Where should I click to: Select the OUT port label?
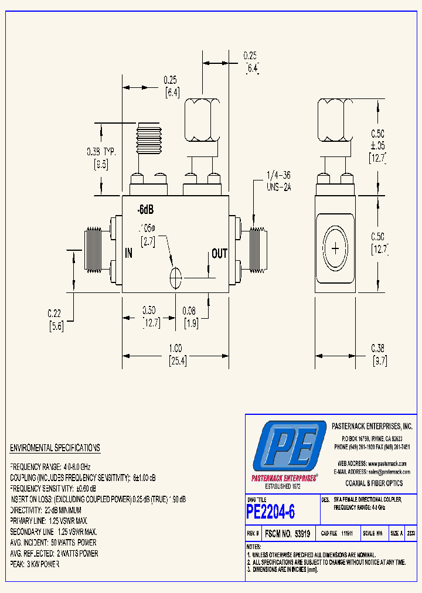[219, 253]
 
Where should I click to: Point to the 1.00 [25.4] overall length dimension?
[176, 356]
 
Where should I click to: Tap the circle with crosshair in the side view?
[335, 248]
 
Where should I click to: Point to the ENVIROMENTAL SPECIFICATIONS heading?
[55, 448]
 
